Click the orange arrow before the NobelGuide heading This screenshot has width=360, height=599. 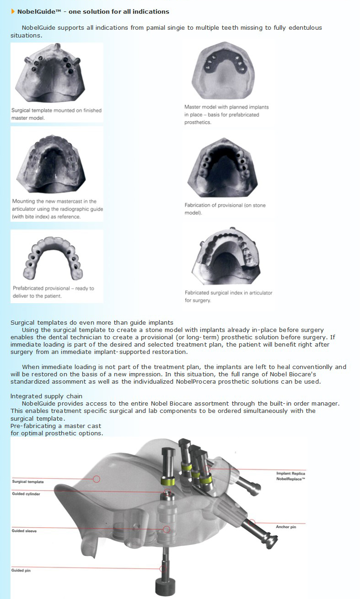pos(13,11)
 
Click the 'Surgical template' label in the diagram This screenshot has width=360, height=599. pos(28,482)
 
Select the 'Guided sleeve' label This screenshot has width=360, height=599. pos(25,531)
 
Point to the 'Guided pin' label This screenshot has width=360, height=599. pos(21,571)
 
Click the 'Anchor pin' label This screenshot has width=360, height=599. pos(286,527)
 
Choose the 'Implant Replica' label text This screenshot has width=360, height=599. pos(290,473)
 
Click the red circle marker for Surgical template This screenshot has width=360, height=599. pos(97,479)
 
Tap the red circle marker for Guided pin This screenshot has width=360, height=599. pos(163,569)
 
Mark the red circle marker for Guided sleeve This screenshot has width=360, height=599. pos(167,529)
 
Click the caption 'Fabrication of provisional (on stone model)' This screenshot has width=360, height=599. pos(225,209)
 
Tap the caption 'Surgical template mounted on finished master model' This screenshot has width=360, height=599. pos(57,114)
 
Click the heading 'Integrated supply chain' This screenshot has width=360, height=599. pos(47,396)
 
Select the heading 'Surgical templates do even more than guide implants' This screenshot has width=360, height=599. pos(91,323)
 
